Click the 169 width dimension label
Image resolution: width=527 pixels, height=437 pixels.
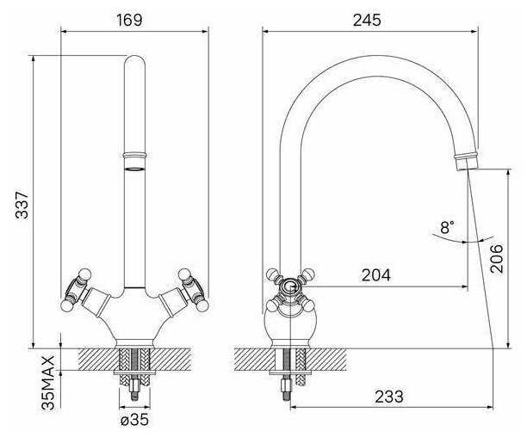coord(129,20)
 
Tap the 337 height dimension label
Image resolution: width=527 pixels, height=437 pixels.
coord(22,205)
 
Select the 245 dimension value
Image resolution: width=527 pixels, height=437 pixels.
coord(367,20)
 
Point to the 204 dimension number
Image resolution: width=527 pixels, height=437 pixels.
coord(376,275)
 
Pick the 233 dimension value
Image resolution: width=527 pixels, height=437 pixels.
coord(389,397)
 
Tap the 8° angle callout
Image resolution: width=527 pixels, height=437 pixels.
coord(447,227)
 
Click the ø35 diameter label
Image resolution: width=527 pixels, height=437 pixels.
coord(134,419)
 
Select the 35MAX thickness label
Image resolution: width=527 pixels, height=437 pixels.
coord(47,383)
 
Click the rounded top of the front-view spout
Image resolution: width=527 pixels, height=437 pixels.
coord(134,61)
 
